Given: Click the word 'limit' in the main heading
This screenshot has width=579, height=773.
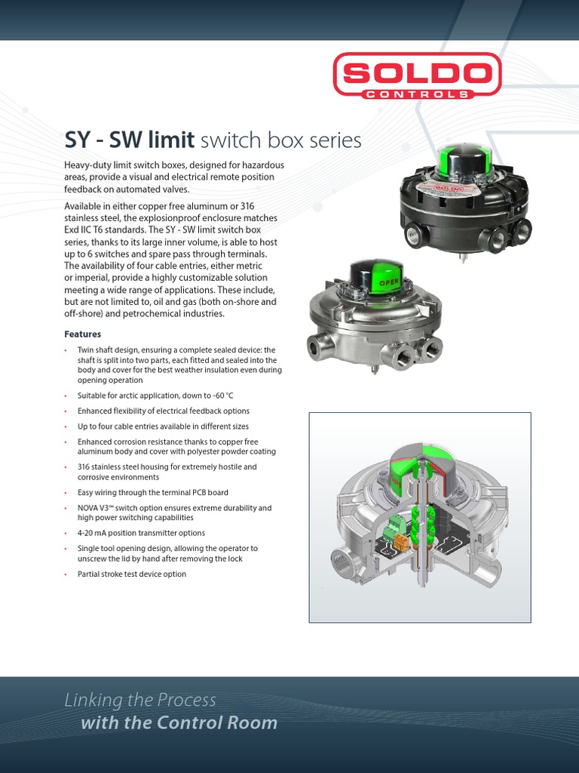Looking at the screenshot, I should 170,140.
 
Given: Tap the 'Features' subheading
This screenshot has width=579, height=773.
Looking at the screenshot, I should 83,334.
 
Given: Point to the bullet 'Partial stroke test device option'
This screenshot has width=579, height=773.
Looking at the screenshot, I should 131,574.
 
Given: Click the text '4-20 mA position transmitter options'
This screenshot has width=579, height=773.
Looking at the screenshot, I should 141,533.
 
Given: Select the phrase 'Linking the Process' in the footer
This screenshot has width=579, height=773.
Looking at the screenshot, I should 140,700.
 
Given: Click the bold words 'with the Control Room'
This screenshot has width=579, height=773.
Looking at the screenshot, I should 179,723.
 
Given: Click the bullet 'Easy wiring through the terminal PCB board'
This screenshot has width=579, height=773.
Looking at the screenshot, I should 153,492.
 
